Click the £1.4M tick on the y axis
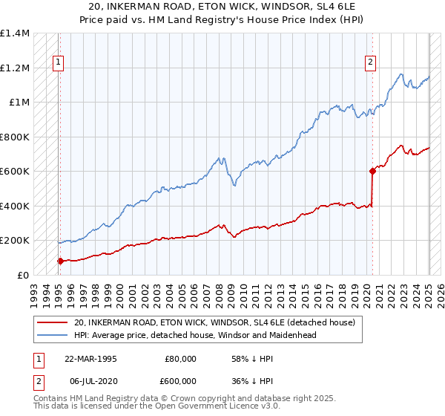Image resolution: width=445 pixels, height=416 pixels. (15, 33)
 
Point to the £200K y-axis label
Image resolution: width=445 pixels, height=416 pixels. (15, 241)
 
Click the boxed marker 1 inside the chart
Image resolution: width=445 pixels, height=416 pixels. (59, 63)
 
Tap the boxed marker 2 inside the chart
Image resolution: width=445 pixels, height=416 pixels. (370, 63)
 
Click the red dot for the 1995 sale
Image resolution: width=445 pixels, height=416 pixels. (60, 261)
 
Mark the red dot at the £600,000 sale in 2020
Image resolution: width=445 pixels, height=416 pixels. (372, 171)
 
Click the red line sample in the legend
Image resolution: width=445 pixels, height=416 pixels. (53, 322)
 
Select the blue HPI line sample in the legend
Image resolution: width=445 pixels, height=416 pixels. (53, 335)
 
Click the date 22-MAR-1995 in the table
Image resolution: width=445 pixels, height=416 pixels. (90, 358)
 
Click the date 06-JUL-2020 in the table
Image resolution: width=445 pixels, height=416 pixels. (90, 380)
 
